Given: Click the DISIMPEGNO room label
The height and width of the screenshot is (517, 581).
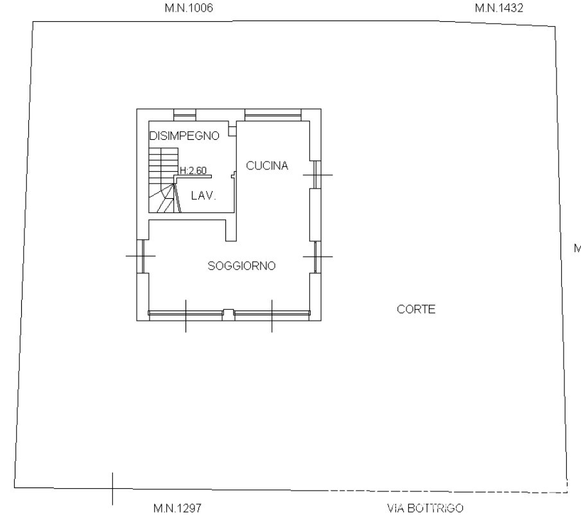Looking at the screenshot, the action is point(184,136).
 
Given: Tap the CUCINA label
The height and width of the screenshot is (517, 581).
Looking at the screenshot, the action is point(267,165).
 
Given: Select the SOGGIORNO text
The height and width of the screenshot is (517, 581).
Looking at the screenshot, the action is point(241,266).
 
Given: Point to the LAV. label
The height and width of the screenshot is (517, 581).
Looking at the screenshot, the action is point(204,196).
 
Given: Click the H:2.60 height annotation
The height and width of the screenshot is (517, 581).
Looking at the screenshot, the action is point(193,171).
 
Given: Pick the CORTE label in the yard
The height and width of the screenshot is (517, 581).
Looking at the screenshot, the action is point(416,309).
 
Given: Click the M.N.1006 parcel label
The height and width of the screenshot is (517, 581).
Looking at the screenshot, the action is point(189,8).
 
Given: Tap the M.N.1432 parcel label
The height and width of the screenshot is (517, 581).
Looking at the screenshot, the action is point(499,8).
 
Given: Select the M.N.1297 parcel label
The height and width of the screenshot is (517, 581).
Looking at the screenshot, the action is point(177,508).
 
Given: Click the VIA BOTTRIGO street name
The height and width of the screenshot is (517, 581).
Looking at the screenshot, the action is point(425,508).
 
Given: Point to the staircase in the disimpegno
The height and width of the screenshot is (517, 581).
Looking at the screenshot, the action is point(164,180).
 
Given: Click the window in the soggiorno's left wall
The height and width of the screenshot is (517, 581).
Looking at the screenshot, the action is point(143,257).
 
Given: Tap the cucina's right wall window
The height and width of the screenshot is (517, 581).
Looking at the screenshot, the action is point(315,174).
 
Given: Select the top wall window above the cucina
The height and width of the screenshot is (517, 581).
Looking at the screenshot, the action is point(273,115).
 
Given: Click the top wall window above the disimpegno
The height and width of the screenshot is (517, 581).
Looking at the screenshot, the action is point(184,115).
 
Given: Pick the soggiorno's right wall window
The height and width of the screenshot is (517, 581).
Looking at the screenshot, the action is point(315,257).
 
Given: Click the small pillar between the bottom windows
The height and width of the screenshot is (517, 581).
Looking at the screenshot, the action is point(228,314).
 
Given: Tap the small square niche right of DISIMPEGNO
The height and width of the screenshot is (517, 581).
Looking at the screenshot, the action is point(232,131).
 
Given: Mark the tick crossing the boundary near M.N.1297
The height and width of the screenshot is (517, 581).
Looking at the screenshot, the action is point(112,489).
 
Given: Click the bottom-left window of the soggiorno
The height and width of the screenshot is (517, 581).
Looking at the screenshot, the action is point(186,313).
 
